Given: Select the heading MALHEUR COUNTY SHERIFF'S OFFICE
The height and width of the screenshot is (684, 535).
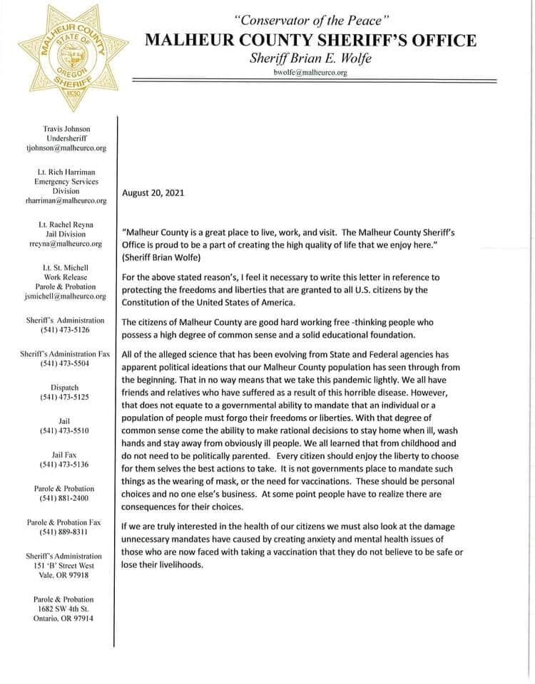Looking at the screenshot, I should (310, 40).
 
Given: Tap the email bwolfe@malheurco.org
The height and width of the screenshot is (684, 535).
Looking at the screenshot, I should (310, 73).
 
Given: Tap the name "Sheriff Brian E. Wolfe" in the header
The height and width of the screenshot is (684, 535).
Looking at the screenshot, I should (310, 58).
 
